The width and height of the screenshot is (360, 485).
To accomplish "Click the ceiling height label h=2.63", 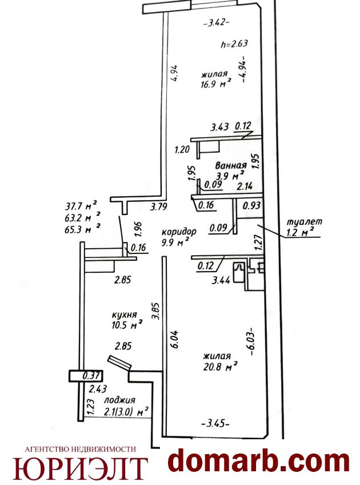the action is [234, 43].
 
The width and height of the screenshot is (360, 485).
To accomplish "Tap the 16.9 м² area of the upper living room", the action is [216, 84].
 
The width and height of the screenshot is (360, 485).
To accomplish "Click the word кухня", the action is [124, 315].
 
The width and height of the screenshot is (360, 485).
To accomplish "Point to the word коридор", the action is [179, 232].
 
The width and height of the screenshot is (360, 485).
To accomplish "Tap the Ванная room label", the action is [231, 165].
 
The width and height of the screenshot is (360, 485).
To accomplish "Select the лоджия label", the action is [119, 400].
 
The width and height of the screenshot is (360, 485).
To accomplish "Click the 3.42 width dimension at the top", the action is [217, 23].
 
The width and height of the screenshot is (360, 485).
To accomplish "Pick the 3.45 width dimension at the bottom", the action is [215, 423].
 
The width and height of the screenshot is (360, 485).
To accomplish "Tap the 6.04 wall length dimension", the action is [175, 339].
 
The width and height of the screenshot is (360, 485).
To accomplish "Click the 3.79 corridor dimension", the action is [159, 206].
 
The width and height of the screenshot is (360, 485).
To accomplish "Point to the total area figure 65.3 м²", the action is [82, 229].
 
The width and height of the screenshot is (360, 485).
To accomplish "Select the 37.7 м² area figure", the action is [81, 205].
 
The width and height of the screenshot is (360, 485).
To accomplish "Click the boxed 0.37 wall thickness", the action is [91, 376].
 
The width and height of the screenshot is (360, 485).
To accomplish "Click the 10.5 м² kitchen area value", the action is [127, 325].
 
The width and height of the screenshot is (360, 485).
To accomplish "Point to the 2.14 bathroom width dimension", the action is [245, 186].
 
